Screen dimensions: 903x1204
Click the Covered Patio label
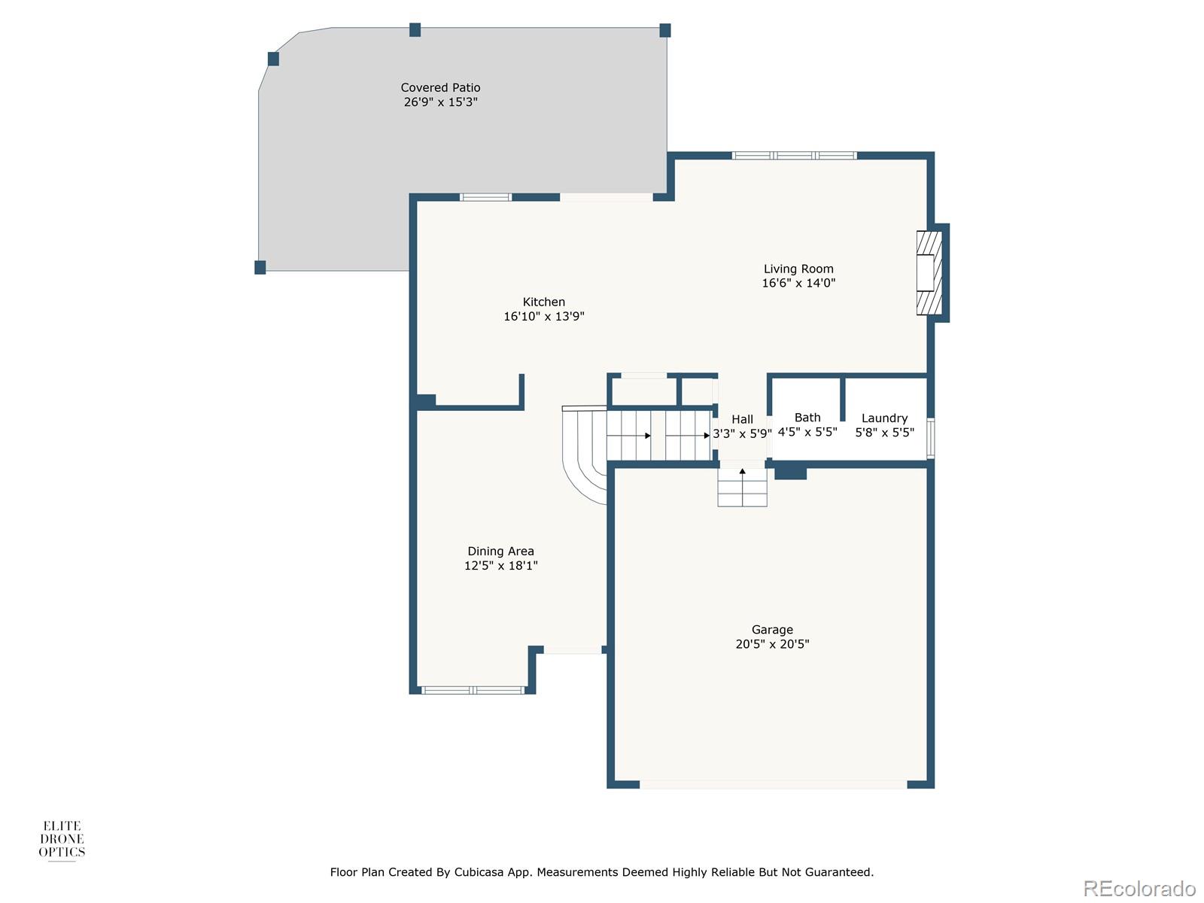pyautogui.click(x=440, y=88)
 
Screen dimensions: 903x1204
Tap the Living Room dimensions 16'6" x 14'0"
pyautogui.click(x=798, y=284)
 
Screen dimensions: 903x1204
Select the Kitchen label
pyautogui.click(x=544, y=302)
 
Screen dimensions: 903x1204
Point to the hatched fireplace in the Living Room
pyautogui.click(x=929, y=272)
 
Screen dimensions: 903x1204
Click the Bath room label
pyautogui.click(x=807, y=418)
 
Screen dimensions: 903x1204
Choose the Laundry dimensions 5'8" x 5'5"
pyautogui.click(x=884, y=433)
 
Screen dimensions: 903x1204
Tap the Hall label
pyautogui.click(x=742, y=420)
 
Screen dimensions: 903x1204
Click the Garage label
pyautogui.click(x=772, y=630)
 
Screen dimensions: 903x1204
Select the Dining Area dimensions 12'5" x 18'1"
pyautogui.click(x=500, y=566)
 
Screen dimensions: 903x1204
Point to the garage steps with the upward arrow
pyautogui.click(x=742, y=487)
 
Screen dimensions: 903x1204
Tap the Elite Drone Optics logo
pyautogui.click(x=62, y=840)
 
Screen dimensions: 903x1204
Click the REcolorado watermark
pyautogui.click(x=1139, y=889)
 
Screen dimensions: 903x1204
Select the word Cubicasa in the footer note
pyautogui.click(x=479, y=873)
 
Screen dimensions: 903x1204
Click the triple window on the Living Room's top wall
pyautogui.click(x=794, y=156)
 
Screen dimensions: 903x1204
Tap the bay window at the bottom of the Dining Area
pyautogui.click(x=473, y=690)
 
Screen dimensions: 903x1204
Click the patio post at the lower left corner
pyautogui.click(x=260, y=267)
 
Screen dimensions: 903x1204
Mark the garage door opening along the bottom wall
pyautogui.click(x=773, y=785)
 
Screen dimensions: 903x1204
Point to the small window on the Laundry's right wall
pyautogui.click(x=931, y=438)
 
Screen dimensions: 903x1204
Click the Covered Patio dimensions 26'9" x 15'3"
pyautogui.click(x=440, y=102)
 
